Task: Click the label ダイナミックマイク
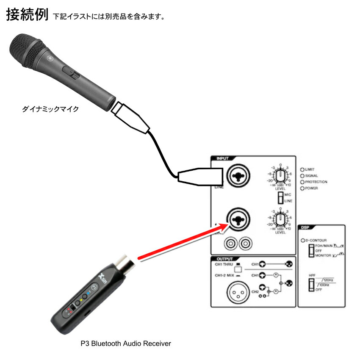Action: tap(50, 109)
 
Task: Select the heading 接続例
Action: tap(26, 15)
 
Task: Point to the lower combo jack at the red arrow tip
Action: tap(238, 219)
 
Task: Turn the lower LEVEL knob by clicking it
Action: tap(280, 219)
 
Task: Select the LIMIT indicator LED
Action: tap(302, 169)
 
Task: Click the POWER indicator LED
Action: tap(302, 188)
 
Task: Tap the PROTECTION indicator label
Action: tap(316, 182)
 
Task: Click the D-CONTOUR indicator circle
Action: tap(303, 241)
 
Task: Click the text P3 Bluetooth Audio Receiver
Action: tap(125, 343)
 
